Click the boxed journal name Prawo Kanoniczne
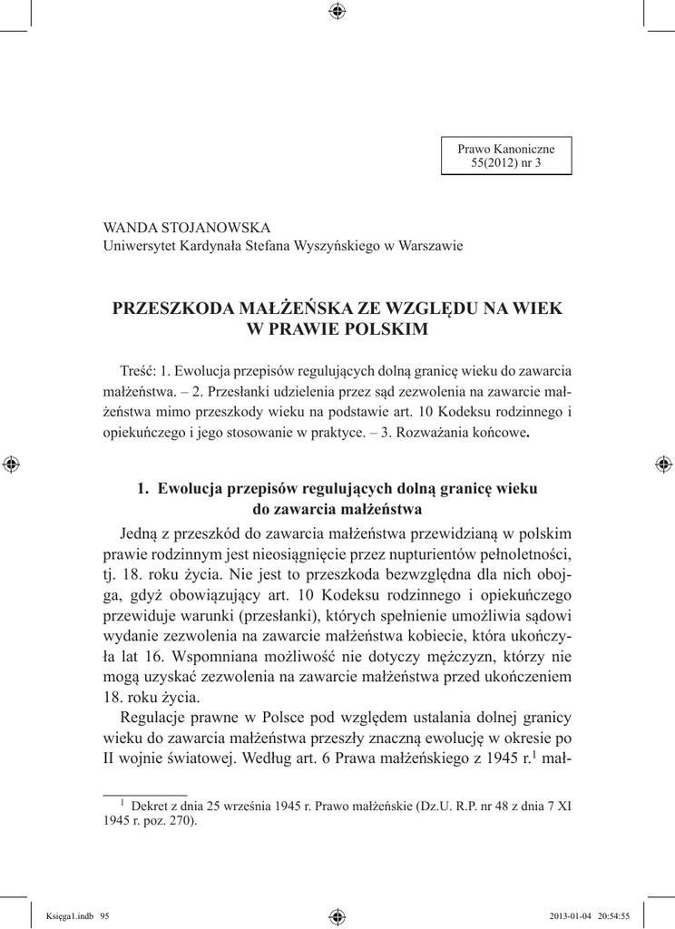click(x=505, y=147)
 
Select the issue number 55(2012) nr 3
click(x=505, y=161)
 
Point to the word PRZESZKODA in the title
click(x=172, y=308)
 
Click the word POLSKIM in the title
click(x=382, y=329)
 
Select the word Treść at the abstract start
click(x=137, y=371)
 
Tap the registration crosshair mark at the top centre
click(x=337, y=11)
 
